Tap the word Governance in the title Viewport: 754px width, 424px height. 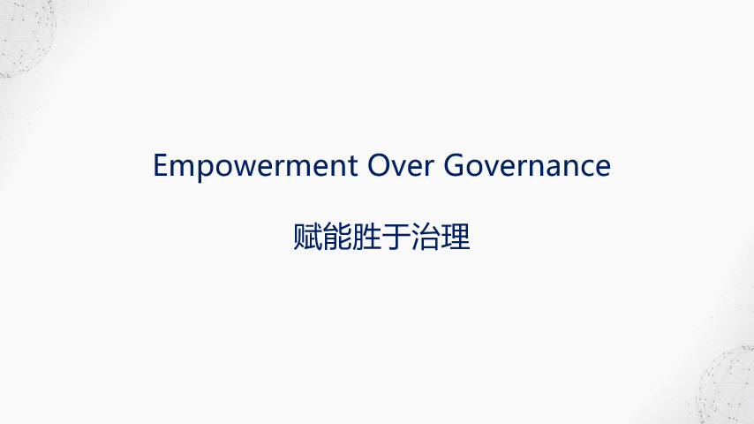point(527,165)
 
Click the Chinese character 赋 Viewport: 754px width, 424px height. point(308,237)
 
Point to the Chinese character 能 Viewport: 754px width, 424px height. point(337,237)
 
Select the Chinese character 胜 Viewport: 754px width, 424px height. point(366,237)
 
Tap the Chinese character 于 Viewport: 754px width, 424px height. point(396,237)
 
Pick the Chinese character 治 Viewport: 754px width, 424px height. point(426,237)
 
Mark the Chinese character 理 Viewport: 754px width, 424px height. point(456,237)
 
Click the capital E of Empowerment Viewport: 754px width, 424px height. point(160,165)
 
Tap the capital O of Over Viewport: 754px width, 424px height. point(379,165)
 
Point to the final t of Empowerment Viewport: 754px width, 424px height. point(351,167)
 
